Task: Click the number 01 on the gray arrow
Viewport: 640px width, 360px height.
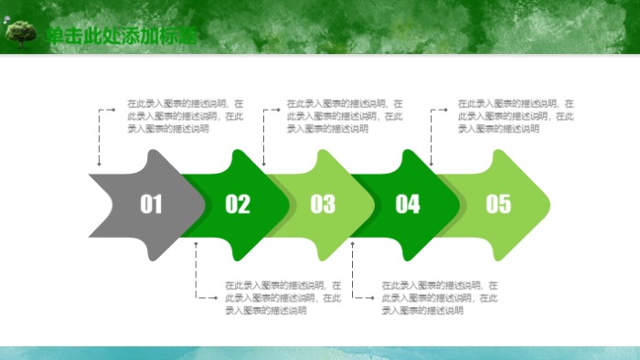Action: click(151, 204)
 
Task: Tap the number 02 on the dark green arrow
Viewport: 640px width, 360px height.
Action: click(237, 204)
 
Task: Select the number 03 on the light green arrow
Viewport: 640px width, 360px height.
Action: click(322, 204)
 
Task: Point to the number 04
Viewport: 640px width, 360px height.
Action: click(407, 204)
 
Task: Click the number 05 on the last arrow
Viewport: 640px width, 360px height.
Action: click(497, 204)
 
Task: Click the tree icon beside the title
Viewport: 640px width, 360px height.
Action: click(20, 34)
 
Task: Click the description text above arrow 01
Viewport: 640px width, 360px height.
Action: click(185, 116)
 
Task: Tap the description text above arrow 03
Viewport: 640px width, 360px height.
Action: click(345, 116)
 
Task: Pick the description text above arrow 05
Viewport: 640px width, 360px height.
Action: click(516, 116)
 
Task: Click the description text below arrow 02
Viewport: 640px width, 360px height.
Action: click(283, 298)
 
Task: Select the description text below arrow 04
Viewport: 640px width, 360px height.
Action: click(440, 298)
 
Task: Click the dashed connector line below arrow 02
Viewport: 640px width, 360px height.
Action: click(196, 274)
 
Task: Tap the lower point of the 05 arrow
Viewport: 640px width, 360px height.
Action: click(499, 255)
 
